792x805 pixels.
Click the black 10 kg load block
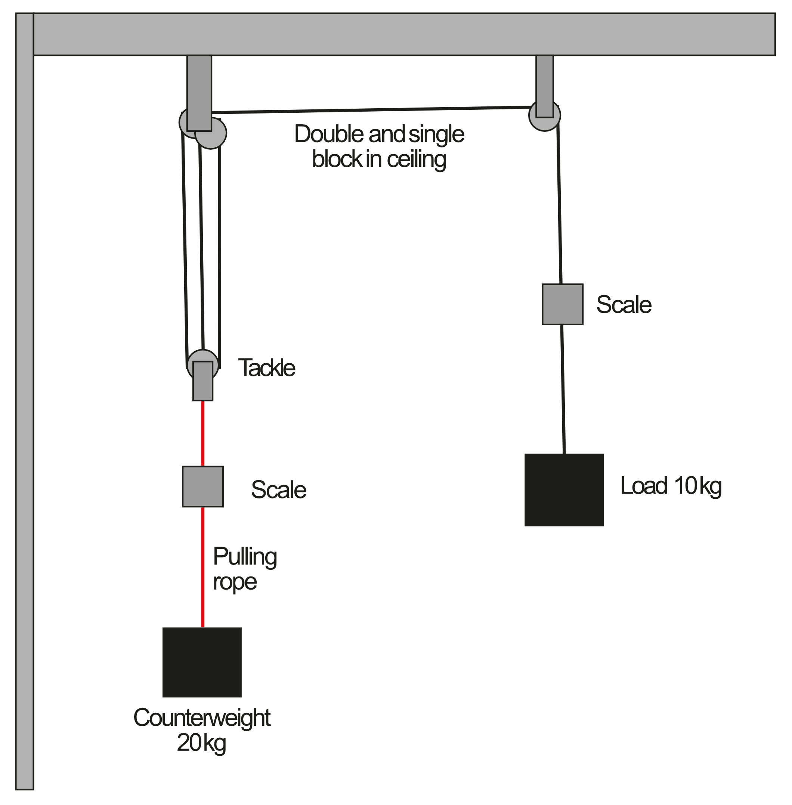(564, 489)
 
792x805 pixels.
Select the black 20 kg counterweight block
(202, 662)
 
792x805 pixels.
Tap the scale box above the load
(562, 304)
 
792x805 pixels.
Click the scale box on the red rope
(202, 486)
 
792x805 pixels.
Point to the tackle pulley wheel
(202, 356)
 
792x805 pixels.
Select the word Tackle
(266, 368)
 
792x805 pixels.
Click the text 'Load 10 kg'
(671, 485)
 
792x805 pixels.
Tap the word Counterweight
(202, 729)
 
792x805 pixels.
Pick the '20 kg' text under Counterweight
(201, 754)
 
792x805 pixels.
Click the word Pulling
(245, 557)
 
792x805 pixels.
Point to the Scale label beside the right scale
(624, 304)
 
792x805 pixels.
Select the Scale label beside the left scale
(278, 489)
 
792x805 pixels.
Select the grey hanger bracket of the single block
(545, 85)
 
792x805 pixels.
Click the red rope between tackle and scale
(202, 433)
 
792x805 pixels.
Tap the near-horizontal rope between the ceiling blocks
(370, 110)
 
